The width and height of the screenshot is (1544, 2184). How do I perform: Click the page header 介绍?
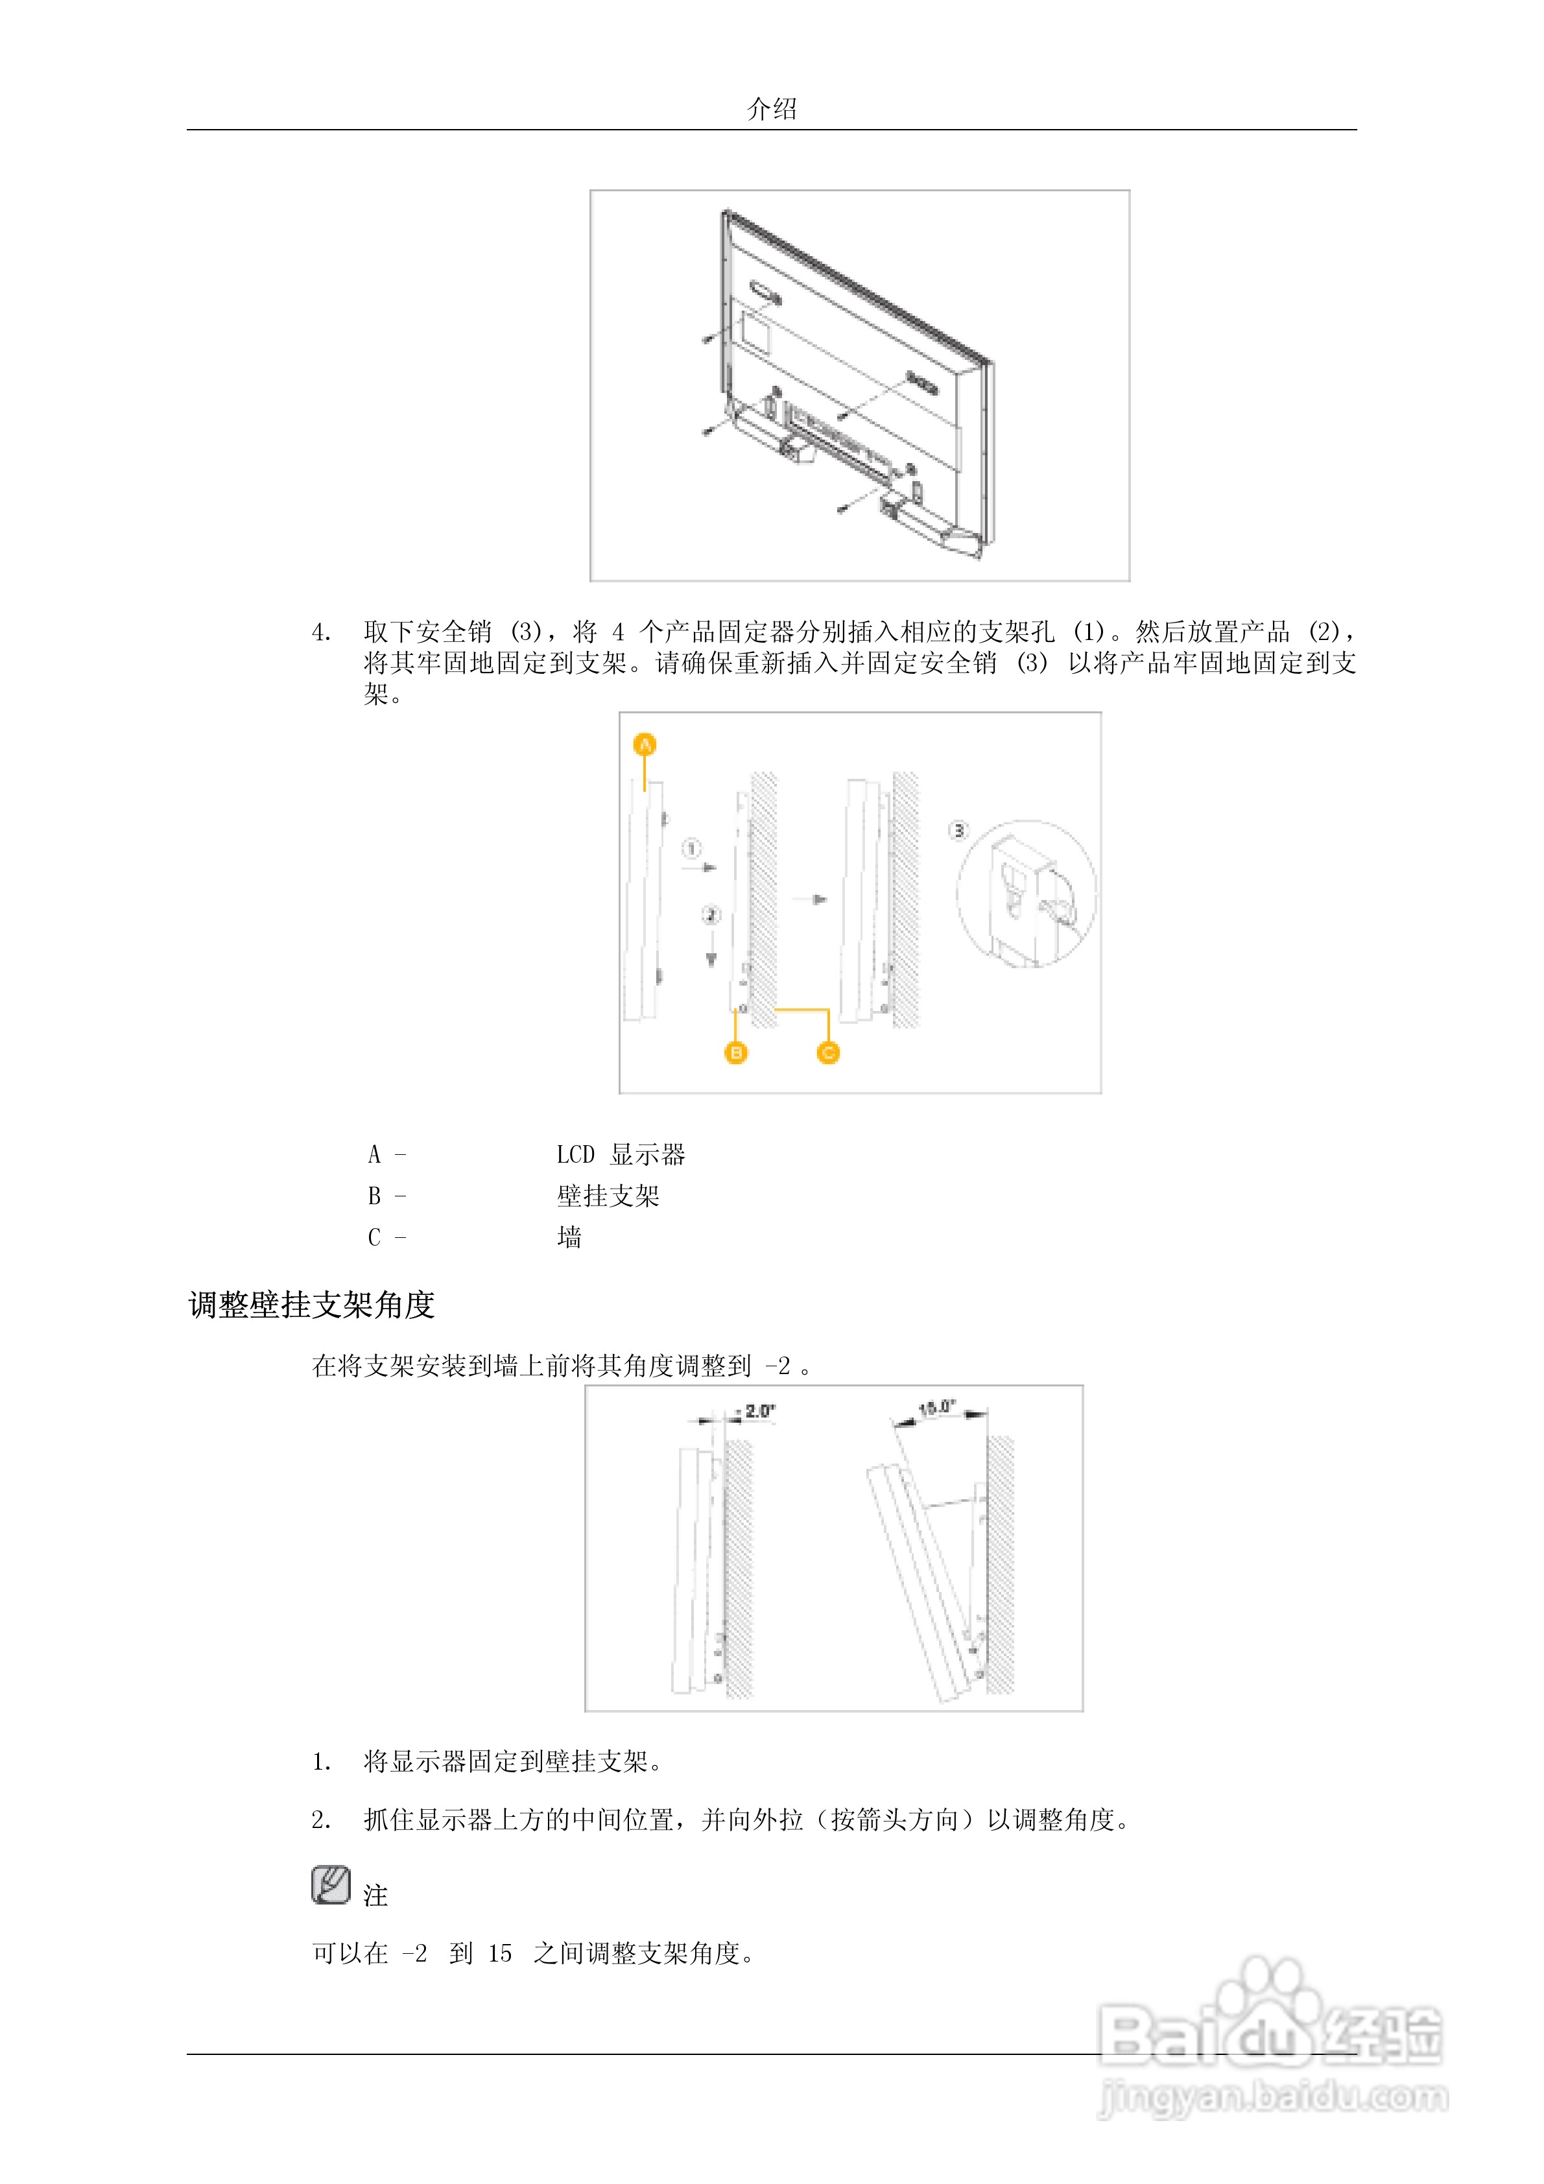tap(772, 108)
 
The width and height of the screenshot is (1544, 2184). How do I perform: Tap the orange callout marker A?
tap(645, 745)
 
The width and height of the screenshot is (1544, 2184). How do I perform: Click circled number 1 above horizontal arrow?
tap(692, 848)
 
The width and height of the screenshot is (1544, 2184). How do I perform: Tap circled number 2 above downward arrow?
tap(711, 915)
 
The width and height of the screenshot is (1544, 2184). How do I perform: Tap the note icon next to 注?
tap(330, 1884)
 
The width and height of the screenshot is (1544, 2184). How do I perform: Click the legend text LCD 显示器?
tap(621, 1155)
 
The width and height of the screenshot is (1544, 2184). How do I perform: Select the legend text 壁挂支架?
tap(608, 1196)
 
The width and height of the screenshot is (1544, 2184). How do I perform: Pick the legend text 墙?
tap(569, 1237)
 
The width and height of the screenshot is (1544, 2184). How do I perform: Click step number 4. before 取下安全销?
tap(322, 632)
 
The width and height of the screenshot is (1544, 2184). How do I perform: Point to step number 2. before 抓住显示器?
tap(322, 1820)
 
